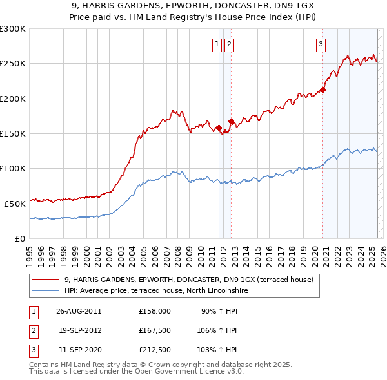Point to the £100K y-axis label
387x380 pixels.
click(12, 168)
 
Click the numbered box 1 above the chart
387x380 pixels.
click(216, 44)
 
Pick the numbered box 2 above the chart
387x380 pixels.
click(229, 44)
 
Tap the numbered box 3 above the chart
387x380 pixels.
click(321, 44)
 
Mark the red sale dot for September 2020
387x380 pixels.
click(323, 90)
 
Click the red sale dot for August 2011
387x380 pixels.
click(219, 128)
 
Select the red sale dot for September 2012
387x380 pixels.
click(231, 121)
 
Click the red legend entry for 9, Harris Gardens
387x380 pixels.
click(188, 280)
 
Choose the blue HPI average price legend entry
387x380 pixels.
click(156, 290)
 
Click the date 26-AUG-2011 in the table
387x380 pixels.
click(79, 310)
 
